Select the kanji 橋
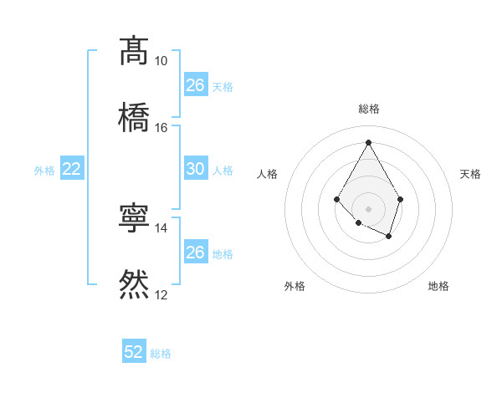pyautogui.click(x=134, y=115)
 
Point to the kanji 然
pyautogui.click(x=134, y=284)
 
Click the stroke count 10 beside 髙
pyautogui.click(x=161, y=61)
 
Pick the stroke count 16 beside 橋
pyautogui.click(x=161, y=127)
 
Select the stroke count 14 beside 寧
pyautogui.click(x=161, y=227)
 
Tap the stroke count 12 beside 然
pyautogui.click(x=161, y=294)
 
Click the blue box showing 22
pyautogui.click(x=72, y=169)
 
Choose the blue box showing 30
pyautogui.click(x=195, y=169)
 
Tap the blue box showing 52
pyautogui.click(x=134, y=352)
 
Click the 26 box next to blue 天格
pyautogui.click(x=195, y=85)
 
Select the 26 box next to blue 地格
pyautogui.click(x=195, y=253)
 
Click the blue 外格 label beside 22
pyautogui.click(x=44, y=171)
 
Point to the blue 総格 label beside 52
pyautogui.click(x=161, y=354)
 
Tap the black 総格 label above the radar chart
pyautogui.click(x=368, y=109)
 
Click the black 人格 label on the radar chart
pyautogui.click(x=268, y=174)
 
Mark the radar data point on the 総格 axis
pyautogui.click(x=368, y=141)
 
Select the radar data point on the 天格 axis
pyautogui.click(x=401, y=199)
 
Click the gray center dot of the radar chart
pyautogui.click(x=368, y=208)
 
